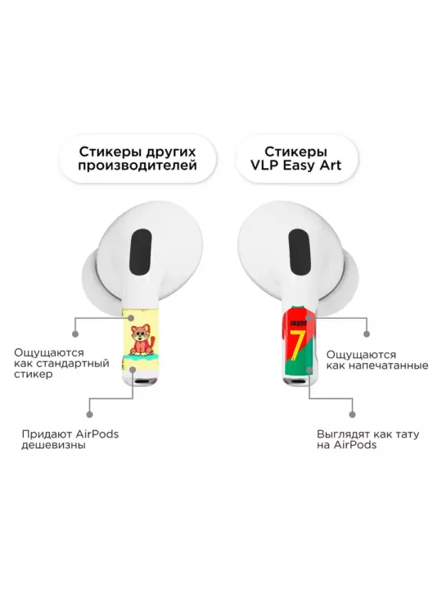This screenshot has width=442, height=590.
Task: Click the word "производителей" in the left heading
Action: point(138,166)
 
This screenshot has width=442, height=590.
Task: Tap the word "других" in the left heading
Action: point(170,152)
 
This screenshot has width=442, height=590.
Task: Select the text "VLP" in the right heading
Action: point(264,166)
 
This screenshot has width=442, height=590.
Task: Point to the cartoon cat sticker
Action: point(142,341)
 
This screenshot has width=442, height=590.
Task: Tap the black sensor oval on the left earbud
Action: point(141,252)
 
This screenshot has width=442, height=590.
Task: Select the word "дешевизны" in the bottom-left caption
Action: point(53,445)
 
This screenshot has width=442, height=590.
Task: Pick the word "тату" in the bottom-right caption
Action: point(407,434)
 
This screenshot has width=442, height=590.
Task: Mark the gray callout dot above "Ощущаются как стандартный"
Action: point(75,334)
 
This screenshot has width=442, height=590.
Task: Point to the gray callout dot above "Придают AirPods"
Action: point(89,415)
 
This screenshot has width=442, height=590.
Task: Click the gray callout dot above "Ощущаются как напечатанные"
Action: point(367,334)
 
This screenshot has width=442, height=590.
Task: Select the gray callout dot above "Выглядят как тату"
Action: point(352,415)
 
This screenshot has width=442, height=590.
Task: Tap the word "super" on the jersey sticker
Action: point(299,323)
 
